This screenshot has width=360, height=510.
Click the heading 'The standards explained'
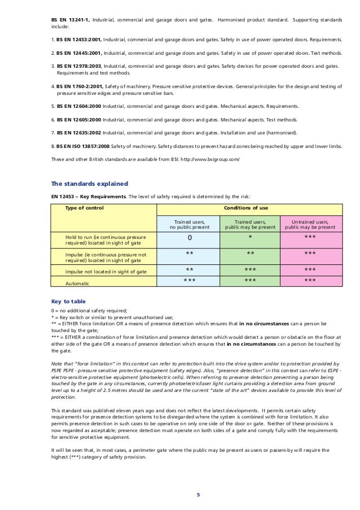tap(90, 184)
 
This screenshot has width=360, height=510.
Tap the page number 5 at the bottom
tap(197, 495)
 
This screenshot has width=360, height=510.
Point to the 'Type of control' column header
tap(85, 208)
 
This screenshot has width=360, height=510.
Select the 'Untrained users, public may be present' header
tap(310, 224)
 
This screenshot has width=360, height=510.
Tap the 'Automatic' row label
tap(77, 283)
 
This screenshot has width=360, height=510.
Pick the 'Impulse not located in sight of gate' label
tap(106, 272)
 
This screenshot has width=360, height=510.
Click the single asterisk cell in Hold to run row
tap(250, 238)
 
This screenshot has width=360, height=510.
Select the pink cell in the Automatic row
tap(310, 281)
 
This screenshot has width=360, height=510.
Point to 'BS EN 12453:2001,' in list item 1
tap(78, 41)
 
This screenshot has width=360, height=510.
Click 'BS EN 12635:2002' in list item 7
tap(78, 133)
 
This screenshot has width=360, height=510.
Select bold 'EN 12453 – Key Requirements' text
tap(89, 196)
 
